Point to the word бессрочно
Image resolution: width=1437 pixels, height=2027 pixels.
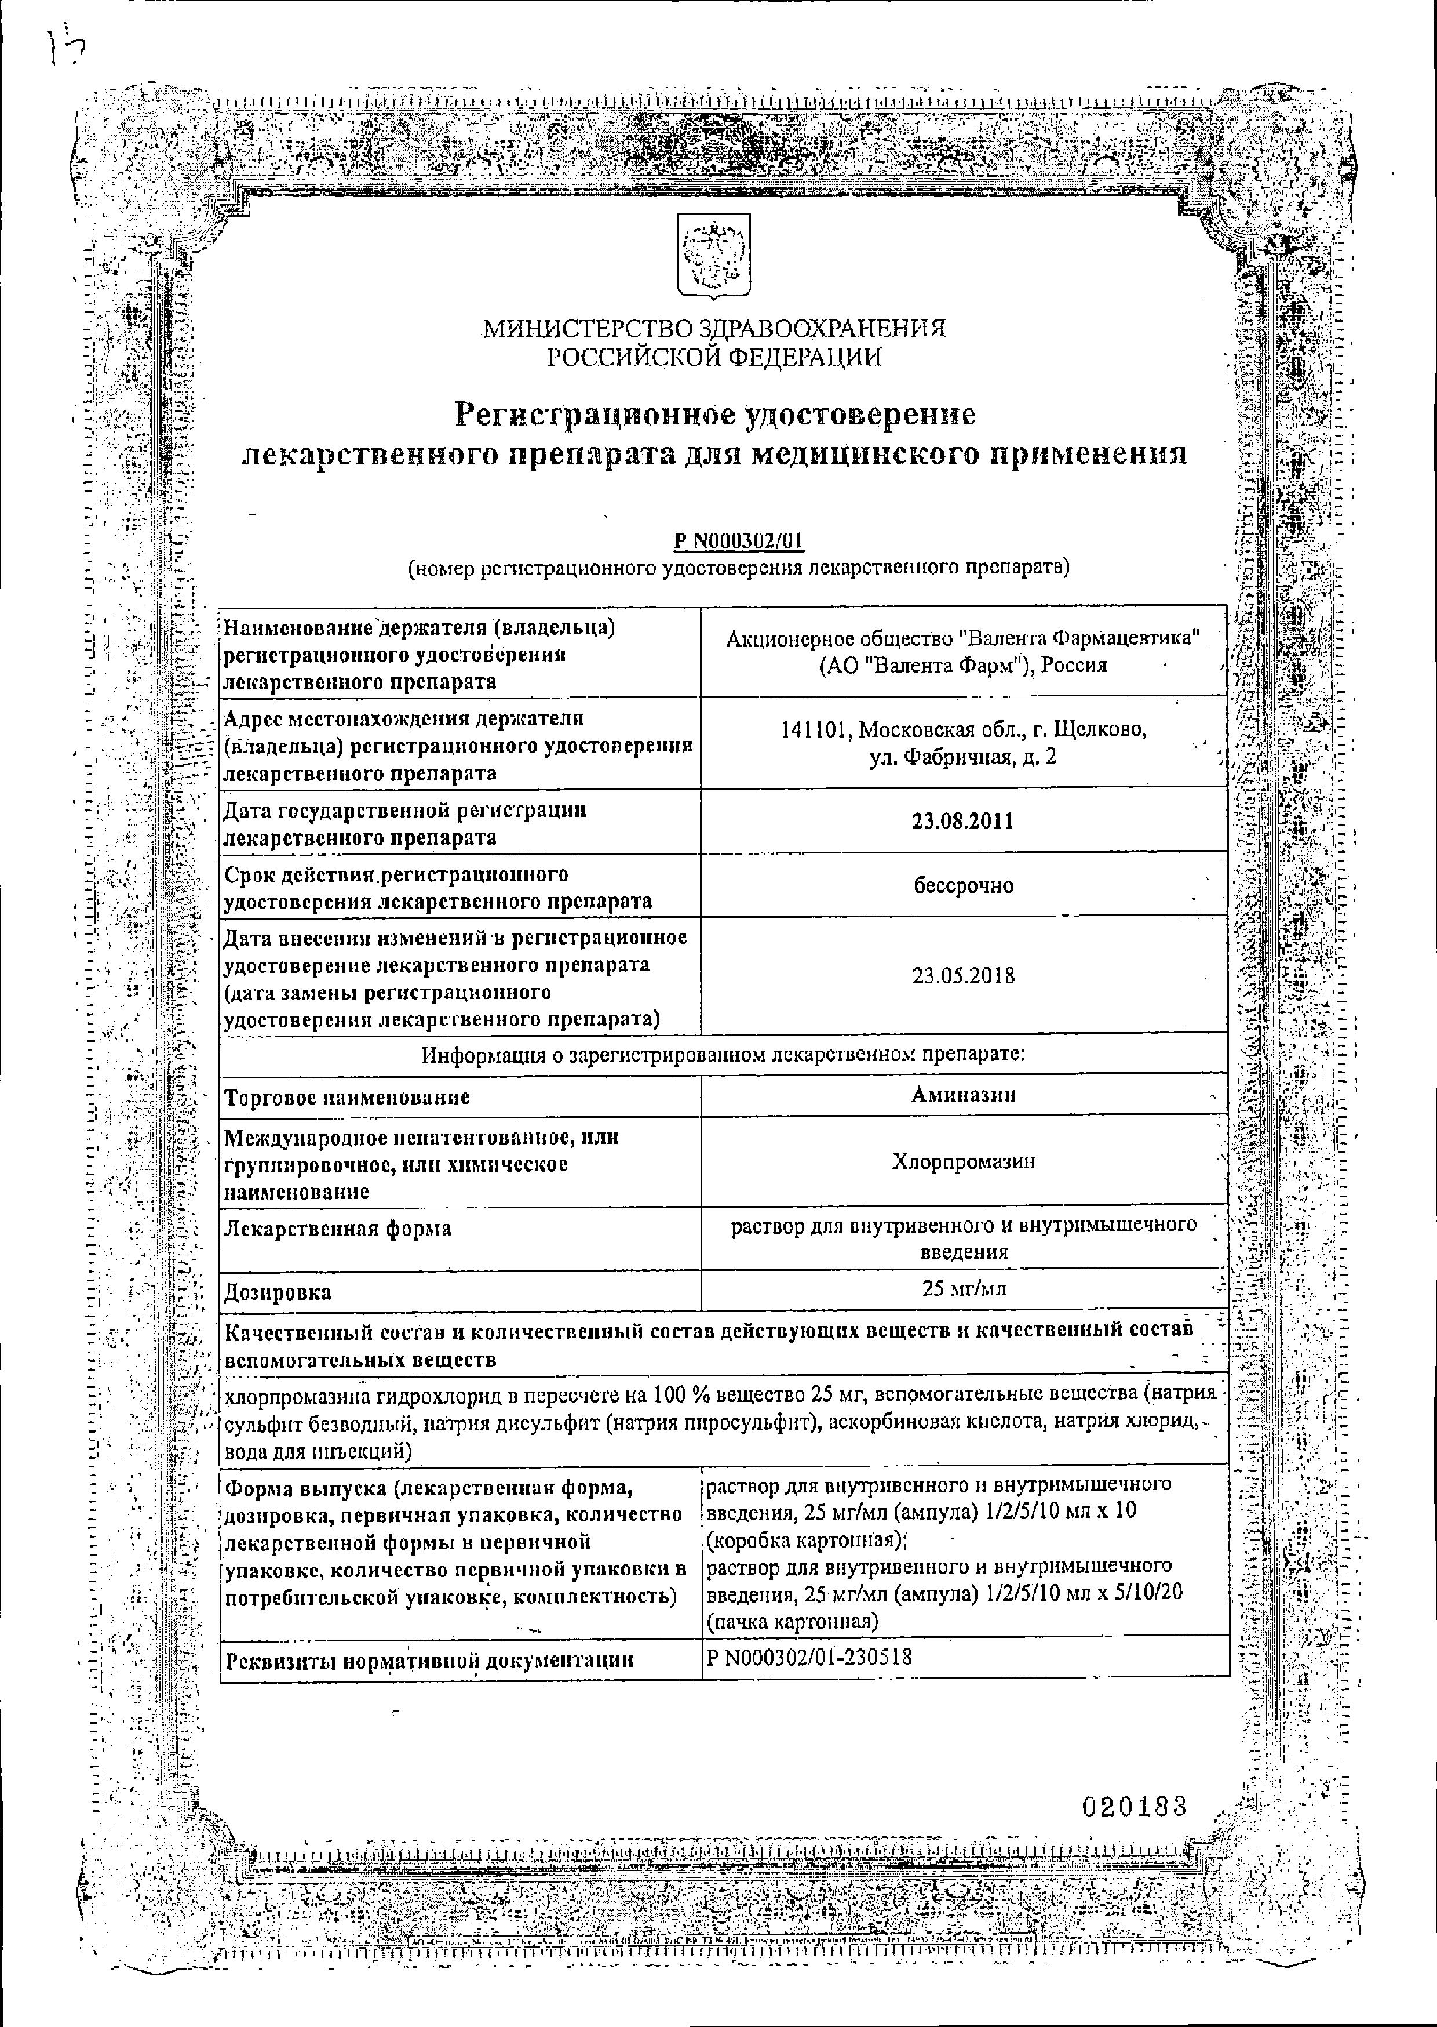[x=962, y=885]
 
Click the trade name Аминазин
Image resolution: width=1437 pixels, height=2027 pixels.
[x=962, y=1095]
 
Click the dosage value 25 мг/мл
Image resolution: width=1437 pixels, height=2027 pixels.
[x=962, y=1289]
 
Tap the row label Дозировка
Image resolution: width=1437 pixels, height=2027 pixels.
[x=278, y=1292]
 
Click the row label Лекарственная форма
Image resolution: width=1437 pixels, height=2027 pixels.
[x=337, y=1229]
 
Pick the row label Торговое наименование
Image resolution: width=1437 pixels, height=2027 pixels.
[x=347, y=1098]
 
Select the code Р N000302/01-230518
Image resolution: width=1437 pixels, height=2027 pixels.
[x=809, y=1657]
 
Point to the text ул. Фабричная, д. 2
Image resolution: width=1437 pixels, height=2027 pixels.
[x=962, y=758]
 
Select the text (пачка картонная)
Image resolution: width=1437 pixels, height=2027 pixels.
[x=792, y=1622]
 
